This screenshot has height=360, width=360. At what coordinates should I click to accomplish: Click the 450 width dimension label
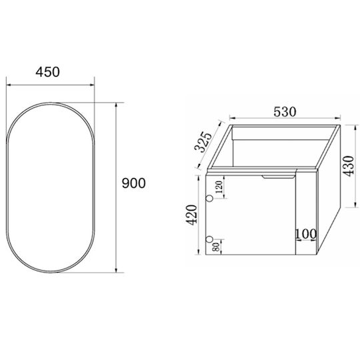pyautogui.click(x=47, y=72)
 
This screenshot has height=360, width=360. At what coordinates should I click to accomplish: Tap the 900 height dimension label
pyautogui.click(x=133, y=183)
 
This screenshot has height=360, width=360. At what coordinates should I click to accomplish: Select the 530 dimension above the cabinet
pyautogui.click(x=285, y=112)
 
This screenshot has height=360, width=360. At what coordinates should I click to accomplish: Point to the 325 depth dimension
pyautogui.click(x=203, y=142)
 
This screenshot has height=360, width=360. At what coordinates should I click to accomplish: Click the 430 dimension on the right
pyautogui.click(x=349, y=166)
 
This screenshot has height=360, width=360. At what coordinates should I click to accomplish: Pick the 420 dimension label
pyautogui.click(x=191, y=215)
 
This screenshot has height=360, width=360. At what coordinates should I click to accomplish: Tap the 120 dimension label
pyautogui.click(x=219, y=187)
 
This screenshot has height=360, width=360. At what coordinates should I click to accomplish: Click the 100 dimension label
pyautogui.click(x=305, y=234)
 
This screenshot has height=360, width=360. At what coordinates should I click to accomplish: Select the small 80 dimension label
pyautogui.click(x=216, y=247)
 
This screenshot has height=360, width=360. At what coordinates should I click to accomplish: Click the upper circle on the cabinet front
pyautogui.click(x=209, y=198)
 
